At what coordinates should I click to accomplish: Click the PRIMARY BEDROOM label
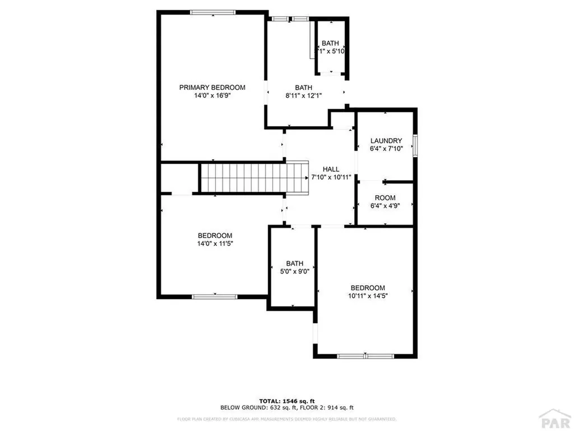coord(212,87)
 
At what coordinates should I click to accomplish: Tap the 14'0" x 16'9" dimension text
coord(212,96)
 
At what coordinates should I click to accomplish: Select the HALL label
coord(331,169)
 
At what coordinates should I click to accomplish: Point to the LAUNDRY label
coord(386,140)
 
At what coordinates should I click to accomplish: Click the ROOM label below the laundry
coord(386,198)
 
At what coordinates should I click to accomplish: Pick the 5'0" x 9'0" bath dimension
coord(294,271)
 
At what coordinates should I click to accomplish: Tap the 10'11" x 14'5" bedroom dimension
coord(368,296)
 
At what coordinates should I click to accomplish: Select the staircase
coord(254,177)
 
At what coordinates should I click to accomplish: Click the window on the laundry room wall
coord(415,145)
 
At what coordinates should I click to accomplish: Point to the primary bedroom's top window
coord(212,12)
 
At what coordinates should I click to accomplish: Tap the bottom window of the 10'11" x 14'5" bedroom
coord(365,356)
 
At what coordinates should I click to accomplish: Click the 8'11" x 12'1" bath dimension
coord(303,96)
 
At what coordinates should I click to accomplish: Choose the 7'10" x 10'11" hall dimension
coord(331,177)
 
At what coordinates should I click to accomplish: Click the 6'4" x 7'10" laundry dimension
coord(386,149)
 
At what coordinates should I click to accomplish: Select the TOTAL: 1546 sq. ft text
coord(286,401)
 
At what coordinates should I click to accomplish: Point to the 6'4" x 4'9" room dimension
coord(386,205)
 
